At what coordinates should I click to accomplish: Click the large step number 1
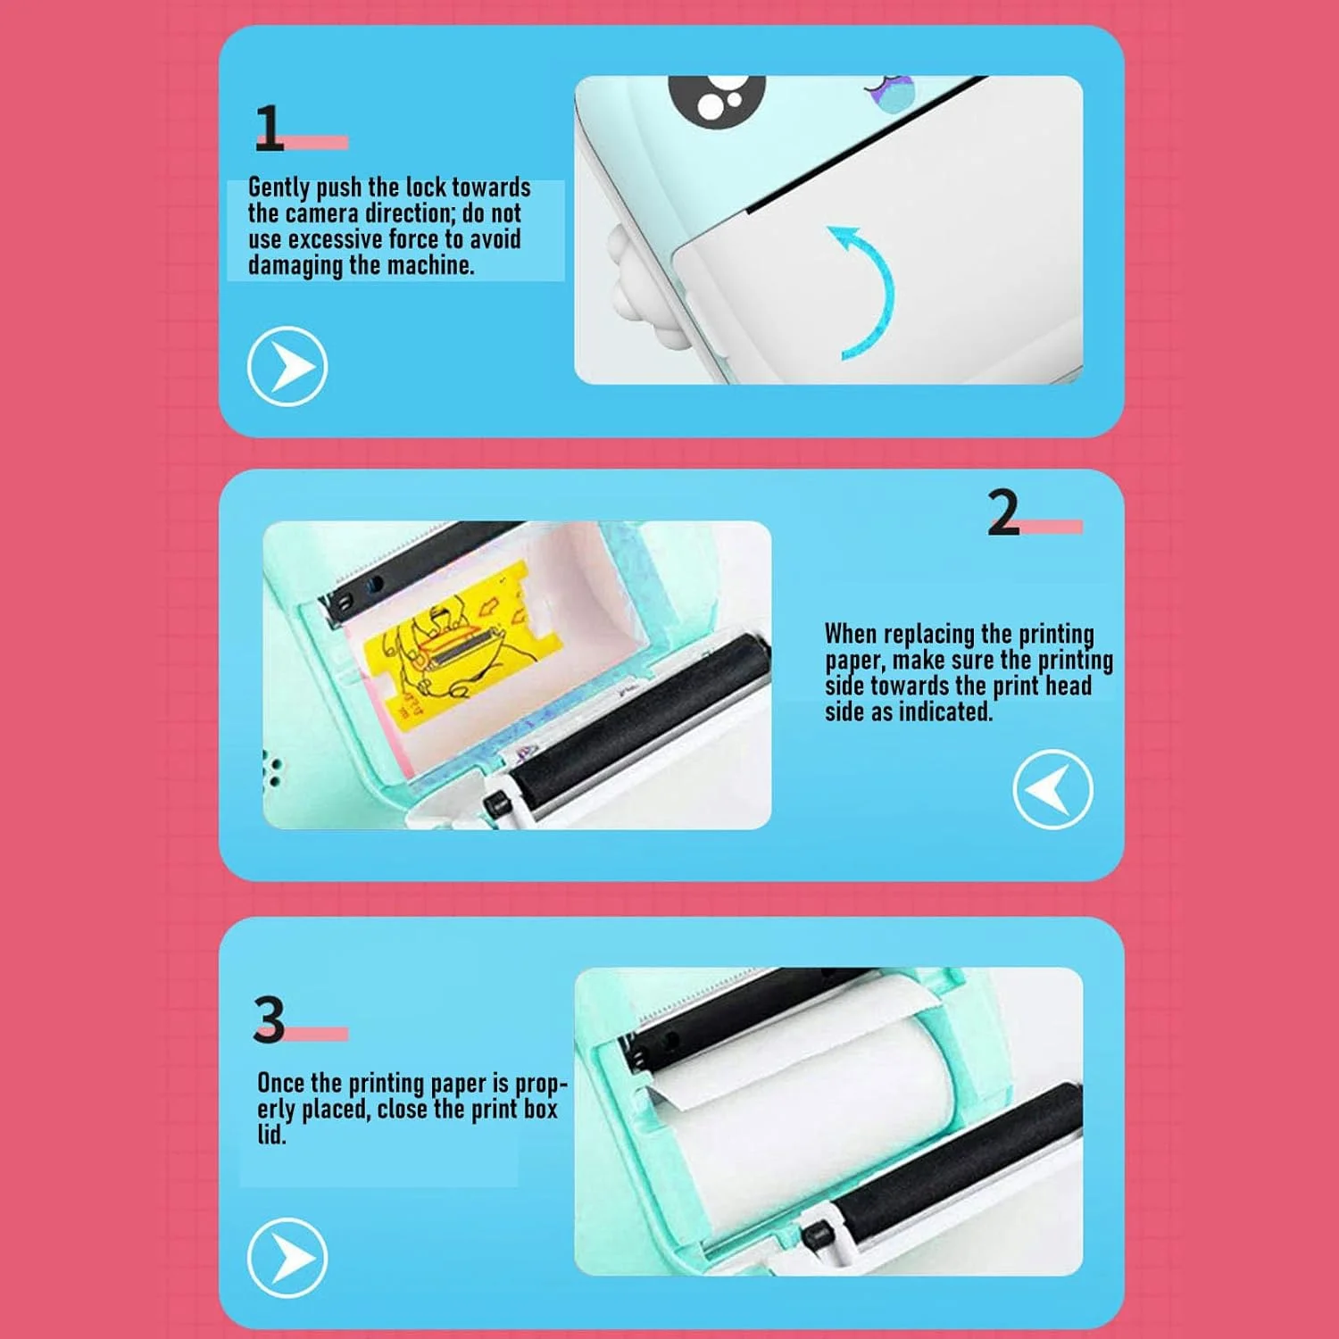[x=269, y=128]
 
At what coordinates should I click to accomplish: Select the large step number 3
[x=269, y=1019]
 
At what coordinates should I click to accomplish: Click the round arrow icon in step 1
[x=287, y=366]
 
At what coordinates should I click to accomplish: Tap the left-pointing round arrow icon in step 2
[x=1052, y=790]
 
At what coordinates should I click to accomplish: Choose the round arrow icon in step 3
[x=287, y=1257]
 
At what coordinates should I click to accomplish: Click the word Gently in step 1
[x=279, y=187]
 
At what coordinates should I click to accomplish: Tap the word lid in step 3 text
[x=271, y=1135]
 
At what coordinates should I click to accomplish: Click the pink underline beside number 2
[x=1050, y=527]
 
